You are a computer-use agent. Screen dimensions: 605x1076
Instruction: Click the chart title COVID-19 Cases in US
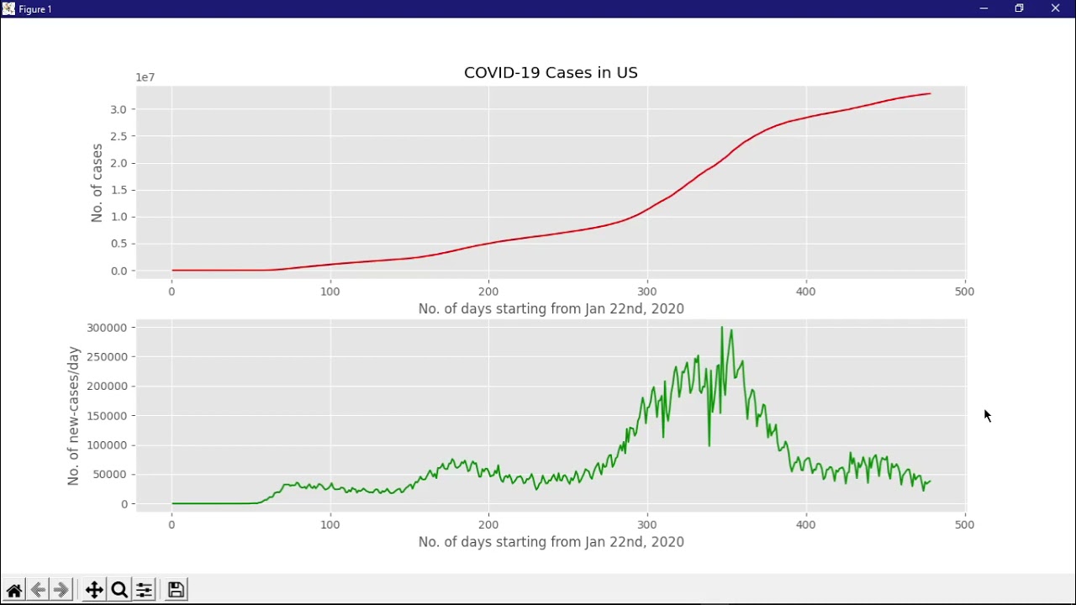coord(551,73)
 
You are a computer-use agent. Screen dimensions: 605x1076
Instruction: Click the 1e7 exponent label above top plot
coord(145,77)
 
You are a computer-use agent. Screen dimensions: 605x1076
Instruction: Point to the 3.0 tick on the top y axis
coord(118,109)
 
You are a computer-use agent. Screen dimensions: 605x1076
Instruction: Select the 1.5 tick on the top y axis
coord(118,190)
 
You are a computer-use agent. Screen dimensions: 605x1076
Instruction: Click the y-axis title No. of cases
coord(97,183)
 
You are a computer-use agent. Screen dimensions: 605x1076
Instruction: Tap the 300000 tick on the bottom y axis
coord(106,328)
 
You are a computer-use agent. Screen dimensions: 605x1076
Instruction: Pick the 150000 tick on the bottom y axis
coord(106,416)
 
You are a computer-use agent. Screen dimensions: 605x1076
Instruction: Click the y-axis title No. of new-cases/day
coord(73,416)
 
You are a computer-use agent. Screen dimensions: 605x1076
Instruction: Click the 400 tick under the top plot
coord(805,292)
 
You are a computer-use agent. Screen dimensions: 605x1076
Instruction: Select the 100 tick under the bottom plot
coord(330,524)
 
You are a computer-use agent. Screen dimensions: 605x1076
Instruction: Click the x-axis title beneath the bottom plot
coord(551,542)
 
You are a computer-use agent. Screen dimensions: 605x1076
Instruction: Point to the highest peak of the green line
coord(721,328)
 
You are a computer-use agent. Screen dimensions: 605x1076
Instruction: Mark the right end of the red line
coord(930,93)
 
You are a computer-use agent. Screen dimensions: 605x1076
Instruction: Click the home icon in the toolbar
coord(14,590)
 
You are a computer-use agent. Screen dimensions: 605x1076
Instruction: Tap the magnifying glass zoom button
coord(119,590)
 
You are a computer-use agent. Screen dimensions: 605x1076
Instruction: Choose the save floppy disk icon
coord(176,590)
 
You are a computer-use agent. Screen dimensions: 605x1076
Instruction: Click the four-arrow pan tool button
coord(94,590)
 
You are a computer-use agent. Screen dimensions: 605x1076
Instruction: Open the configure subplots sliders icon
coord(145,590)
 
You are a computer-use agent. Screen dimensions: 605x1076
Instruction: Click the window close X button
coord(1055,8)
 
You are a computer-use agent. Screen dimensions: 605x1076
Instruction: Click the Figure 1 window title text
coord(35,9)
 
